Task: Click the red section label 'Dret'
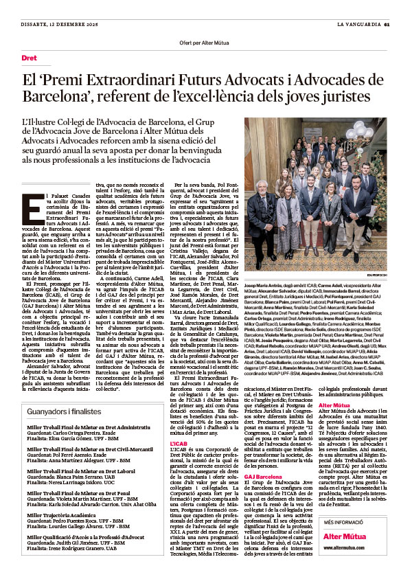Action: tap(30, 58)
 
